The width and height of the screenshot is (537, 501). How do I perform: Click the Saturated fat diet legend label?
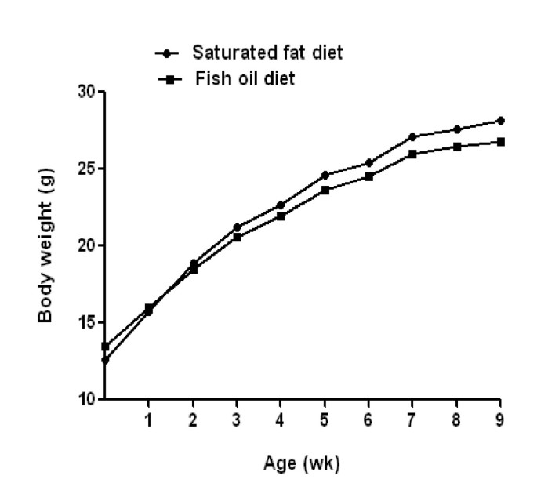click(x=267, y=53)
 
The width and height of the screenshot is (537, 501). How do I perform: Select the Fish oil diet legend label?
click(x=245, y=79)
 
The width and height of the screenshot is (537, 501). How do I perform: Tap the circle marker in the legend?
click(x=167, y=53)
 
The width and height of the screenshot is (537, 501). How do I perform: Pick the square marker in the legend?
click(x=167, y=79)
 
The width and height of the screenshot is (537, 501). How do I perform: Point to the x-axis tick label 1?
click(x=148, y=419)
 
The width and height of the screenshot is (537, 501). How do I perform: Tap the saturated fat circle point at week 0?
click(x=104, y=360)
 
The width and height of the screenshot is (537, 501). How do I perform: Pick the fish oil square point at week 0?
click(x=104, y=346)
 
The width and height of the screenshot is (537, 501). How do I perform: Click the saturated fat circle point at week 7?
click(x=412, y=136)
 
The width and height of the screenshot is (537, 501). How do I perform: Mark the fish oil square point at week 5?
click(x=325, y=190)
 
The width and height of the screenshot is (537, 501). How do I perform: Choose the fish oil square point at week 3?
click(x=237, y=237)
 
